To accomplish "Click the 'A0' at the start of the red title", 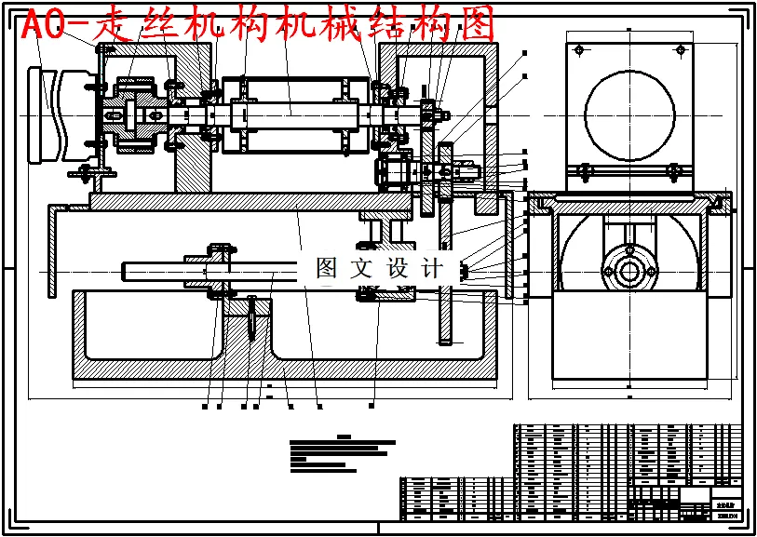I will click(x=44, y=27).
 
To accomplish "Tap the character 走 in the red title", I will click(x=119, y=27).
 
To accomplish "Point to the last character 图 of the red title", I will click(x=476, y=27).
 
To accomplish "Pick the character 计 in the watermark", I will click(x=432, y=268).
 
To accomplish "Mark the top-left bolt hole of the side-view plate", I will click(x=579, y=49).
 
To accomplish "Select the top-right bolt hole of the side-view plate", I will click(x=681, y=49).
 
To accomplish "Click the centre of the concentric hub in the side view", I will click(x=630, y=273).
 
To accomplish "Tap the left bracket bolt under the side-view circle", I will click(x=586, y=170).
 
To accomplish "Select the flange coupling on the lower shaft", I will click(x=216, y=270).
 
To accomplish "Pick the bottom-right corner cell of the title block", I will click(x=726, y=511).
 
